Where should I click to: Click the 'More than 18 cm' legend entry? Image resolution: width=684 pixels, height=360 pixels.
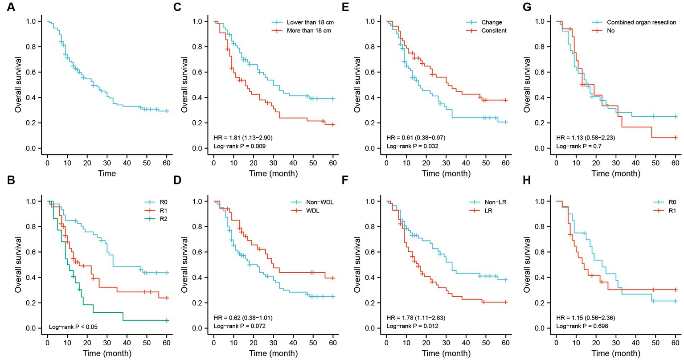pyautogui.click(x=313, y=31)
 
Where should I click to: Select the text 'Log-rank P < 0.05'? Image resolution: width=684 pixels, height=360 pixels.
pyautogui.click(x=73, y=327)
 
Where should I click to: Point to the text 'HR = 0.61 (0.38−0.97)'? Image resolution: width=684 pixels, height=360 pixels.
pyautogui.click(x=416, y=138)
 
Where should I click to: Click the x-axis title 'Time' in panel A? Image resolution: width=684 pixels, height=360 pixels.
pyautogui.click(x=107, y=173)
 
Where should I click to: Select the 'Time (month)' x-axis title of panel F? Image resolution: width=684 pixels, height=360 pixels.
pyautogui.click(x=446, y=354)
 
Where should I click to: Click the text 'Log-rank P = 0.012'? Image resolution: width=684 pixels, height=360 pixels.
pyautogui.click(x=413, y=326)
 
